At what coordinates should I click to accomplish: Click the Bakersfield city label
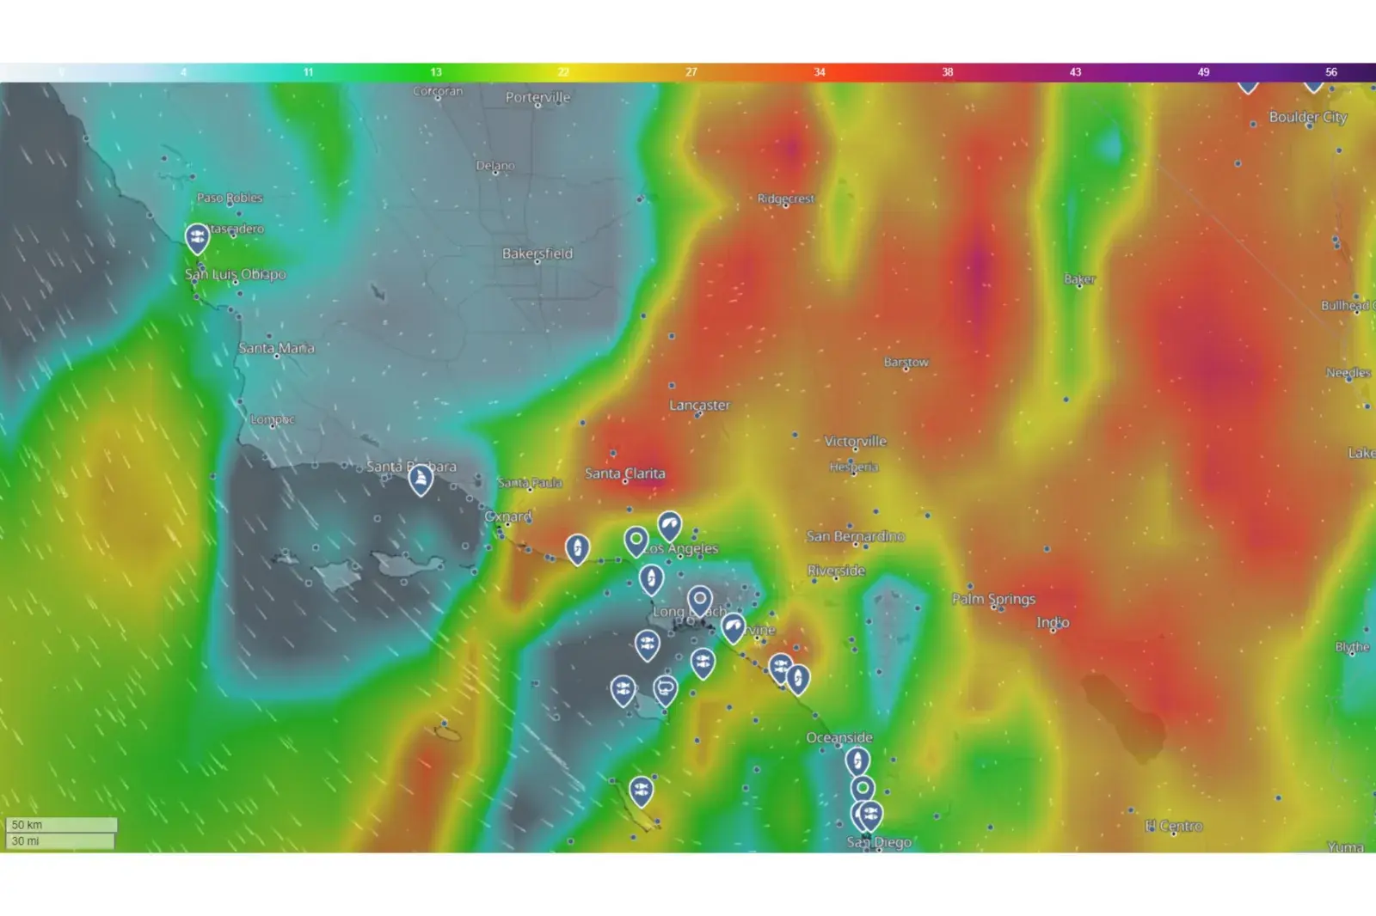[x=537, y=253]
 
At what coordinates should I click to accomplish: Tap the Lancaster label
[x=699, y=405]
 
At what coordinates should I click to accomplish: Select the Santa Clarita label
[x=624, y=473]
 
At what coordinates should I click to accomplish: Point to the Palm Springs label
[x=993, y=599]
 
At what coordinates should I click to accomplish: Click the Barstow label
[x=906, y=362]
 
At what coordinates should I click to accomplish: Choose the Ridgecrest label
[x=785, y=198]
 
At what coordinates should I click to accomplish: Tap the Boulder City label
[x=1307, y=117]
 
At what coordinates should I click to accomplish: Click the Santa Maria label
[x=276, y=348]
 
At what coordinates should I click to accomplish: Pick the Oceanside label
[x=838, y=737]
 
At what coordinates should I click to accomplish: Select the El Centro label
[x=1174, y=826]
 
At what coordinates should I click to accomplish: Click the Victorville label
[x=855, y=441]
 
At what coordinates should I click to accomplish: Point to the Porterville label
[x=537, y=97]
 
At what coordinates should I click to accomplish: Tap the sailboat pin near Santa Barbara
[x=420, y=479]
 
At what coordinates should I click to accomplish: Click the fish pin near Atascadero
[x=197, y=237]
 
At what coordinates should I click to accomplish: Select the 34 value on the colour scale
[x=819, y=72]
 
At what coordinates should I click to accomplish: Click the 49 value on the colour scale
[x=1203, y=72]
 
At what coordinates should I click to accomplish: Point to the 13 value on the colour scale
[x=436, y=72]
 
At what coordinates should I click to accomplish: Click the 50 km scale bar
[x=61, y=825]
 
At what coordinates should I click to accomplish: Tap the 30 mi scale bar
[x=61, y=841]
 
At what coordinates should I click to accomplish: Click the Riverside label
[x=836, y=571]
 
